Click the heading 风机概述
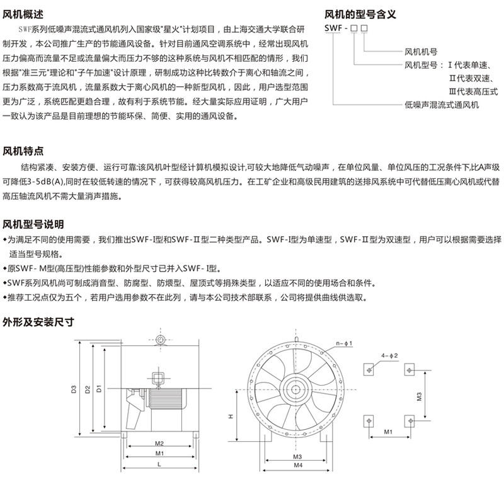[x=23, y=14]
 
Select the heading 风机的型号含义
[x=360, y=14]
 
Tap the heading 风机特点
[x=23, y=151]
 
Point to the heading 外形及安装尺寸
[x=38, y=322]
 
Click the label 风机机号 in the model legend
[x=421, y=52]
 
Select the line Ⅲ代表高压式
[x=473, y=91]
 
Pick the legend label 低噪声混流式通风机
[x=442, y=105]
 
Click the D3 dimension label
[x=74, y=389]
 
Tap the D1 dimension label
[x=99, y=388]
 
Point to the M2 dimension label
[x=159, y=444]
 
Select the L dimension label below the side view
[x=159, y=464]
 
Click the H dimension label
[x=231, y=417]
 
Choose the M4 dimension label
[x=298, y=465]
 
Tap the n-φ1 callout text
[x=344, y=343]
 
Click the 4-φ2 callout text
[x=389, y=355]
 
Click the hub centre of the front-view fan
[x=295, y=389]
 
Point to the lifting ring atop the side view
[x=160, y=340]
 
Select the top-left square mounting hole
[x=369, y=369]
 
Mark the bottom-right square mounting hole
[x=409, y=421]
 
